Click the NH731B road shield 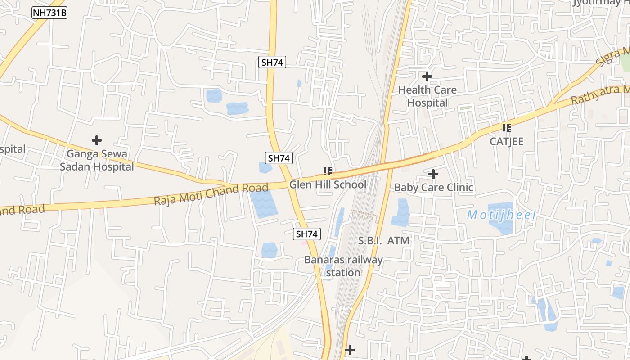[49, 13]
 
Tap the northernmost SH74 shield [272, 62]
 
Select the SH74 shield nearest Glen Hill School [279, 158]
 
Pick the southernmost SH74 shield [307, 234]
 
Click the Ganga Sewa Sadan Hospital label [97, 160]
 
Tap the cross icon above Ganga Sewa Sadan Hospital [97, 140]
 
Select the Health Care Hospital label [427, 96]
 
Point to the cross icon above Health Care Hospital [427, 76]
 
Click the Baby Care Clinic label [433, 187]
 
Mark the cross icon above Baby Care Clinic [433, 174]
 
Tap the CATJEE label [507, 141]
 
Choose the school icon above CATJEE [507, 128]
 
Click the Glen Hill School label [328, 184]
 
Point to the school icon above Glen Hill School [328, 171]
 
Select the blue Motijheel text [502, 215]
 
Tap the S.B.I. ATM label [384, 241]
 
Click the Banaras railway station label [343, 266]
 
